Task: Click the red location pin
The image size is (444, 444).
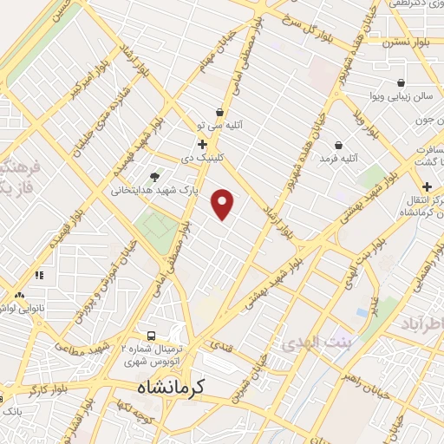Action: pos(224,204)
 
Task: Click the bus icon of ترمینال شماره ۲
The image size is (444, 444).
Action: pos(152,336)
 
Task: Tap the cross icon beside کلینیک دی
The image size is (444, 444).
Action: pos(202,144)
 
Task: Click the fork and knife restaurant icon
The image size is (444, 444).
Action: pos(39,275)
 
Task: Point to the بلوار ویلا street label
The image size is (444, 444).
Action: pos(369,124)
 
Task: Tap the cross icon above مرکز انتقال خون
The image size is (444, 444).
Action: pos(427,186)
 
